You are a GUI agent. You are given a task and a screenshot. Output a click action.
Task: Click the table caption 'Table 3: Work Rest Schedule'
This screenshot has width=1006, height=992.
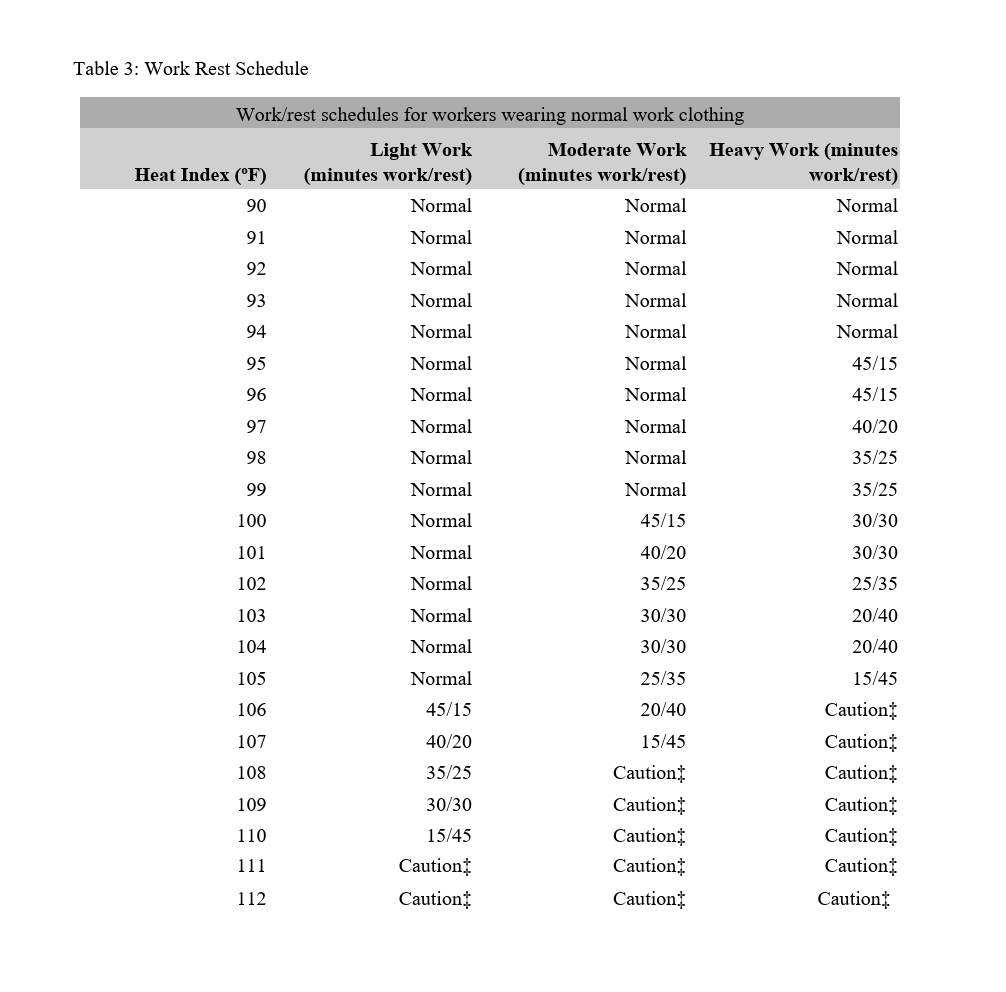click(x=190, y=69)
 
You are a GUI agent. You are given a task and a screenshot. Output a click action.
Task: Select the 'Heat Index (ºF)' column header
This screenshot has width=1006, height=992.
click(x=200, y=175)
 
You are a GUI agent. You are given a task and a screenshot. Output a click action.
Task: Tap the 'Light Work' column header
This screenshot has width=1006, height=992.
click(x=420, y=150)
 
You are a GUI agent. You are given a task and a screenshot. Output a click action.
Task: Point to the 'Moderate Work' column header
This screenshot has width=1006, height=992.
click(x=616, y=150)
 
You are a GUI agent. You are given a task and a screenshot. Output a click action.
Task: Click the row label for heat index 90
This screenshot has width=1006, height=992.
click(x=256, y=206)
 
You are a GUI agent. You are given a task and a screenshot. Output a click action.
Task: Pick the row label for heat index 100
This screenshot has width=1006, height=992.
click(x=251, y=521)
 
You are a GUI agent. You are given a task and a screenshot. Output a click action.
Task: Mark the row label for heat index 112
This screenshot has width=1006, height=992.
click(x=251, y=899)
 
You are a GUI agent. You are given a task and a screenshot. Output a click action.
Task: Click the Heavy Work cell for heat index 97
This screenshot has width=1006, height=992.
click(x=874, y=427)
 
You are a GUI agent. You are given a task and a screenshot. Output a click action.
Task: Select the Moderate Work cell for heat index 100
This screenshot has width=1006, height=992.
click(x=663, y=521)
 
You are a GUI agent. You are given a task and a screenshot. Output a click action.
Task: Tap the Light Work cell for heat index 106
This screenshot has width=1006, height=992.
click(x=449, y=710)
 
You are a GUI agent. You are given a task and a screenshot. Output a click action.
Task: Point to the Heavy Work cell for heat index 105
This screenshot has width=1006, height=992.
click(x=874, y=679)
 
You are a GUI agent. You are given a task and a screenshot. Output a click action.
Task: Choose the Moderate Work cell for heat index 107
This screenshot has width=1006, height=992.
click(x=663, y=742)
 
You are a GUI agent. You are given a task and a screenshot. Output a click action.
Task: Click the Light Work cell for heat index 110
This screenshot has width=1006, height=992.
click(x=449, y=836)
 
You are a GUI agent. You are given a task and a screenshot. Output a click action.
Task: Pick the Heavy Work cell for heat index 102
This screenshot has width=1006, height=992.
click(x=874, y=584)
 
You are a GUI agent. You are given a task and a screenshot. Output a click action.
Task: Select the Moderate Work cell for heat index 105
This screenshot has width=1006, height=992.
click(x=663, y=679)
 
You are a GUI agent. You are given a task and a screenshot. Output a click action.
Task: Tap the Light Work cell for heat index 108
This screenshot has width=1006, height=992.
click(x=449, y=773)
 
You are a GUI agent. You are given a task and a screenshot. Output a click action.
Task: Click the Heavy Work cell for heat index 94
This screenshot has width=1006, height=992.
click(x=867, y=332)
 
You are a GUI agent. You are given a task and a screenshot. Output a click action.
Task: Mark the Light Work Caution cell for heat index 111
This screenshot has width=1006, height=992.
click(x=434, y=867)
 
